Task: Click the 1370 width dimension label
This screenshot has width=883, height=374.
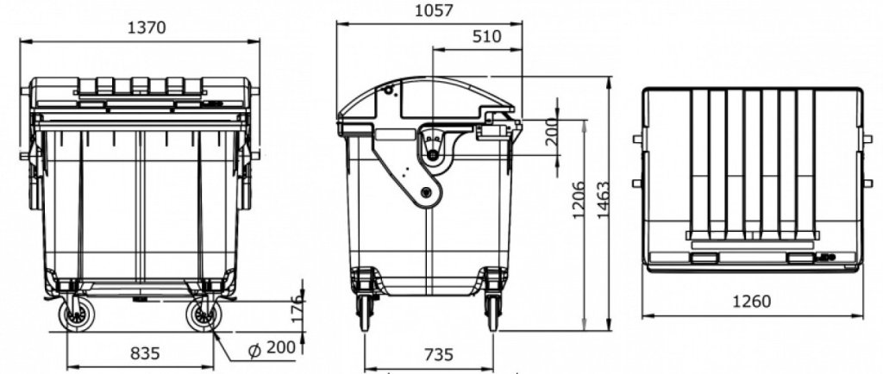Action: pyautogui.click(x=147, y=28)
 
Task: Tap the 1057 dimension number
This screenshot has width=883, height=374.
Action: pyautogui.click(x=434, y=10)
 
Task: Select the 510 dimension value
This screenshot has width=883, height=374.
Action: pyautogui.click(x=486, y=36)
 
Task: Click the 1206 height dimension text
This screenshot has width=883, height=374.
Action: pyautogui.click(x=579, y=200)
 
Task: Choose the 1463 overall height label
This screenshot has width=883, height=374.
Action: pyautogui.click(x=603, y=200)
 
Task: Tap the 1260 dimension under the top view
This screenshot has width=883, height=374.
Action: pyautogui.click(x=751, y=302)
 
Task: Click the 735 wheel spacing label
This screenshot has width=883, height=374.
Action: pyautogui.click(x=438, y=355)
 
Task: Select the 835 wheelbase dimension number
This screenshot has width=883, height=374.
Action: pyautogui.click(x=145, y=353)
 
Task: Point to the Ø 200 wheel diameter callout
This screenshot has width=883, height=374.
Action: pyautogui.click(x=272, y=348)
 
